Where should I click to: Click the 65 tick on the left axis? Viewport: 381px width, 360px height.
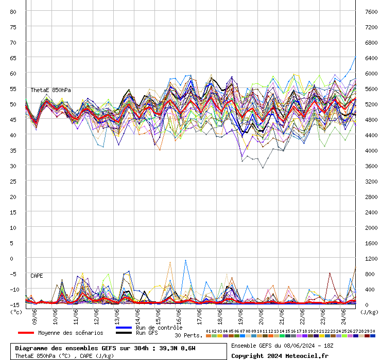(x=13, y=58)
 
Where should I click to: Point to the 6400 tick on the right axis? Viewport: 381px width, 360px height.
(x=371, y=58)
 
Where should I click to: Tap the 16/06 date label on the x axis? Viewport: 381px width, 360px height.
(x=179, y=317)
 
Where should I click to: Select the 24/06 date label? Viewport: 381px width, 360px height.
(x=343, y=317)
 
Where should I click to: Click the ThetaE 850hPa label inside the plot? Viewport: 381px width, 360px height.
(x=51, y=90)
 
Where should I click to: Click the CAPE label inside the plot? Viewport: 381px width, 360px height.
(x=37, y=276)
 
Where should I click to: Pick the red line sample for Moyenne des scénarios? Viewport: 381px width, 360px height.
(x=26, y=333)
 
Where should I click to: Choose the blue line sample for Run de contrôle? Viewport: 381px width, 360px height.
(x=124, y=328)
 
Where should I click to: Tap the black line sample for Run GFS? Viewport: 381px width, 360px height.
(x=124, y=333)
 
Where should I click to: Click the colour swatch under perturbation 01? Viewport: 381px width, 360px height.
(x=208, y=336)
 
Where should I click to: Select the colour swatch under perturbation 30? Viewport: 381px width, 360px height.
(x=372, y=336)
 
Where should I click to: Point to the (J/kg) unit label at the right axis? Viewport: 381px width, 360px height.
(x=369, y=312)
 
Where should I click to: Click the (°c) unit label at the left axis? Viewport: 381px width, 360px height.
(x=16, y=312)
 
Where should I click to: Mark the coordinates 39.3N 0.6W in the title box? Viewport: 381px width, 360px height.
(x=177, y=348)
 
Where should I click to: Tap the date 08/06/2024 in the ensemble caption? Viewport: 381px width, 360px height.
(x=299, y=346)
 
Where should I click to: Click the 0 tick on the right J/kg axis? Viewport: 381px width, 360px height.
(x=367, y=305)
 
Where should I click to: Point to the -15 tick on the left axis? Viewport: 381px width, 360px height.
(x=14, y=305)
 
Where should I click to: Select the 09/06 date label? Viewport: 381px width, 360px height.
(x=34, y=317)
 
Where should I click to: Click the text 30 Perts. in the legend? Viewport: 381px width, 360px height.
(x=188, y=335)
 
